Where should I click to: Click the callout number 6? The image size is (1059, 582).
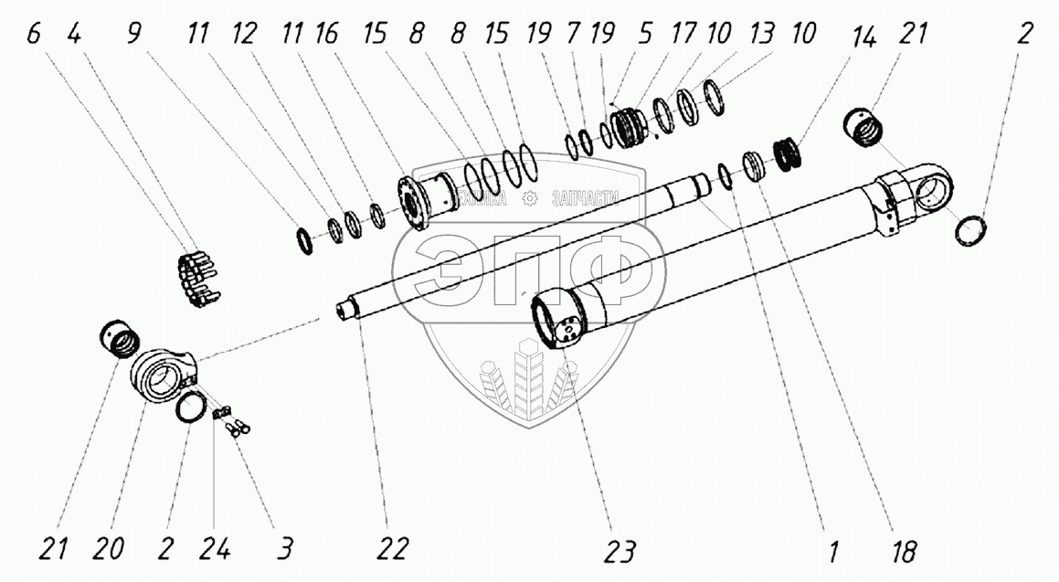pos(34,35)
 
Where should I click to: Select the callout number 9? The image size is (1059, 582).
pos(135,35)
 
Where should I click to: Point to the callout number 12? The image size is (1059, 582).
pos(243,35)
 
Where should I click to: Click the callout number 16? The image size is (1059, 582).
pos(325,35)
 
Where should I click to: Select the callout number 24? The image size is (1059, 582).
pos(217,550)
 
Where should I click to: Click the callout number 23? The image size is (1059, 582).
pos(620,552)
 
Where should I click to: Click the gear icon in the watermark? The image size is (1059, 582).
pos(529,199)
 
